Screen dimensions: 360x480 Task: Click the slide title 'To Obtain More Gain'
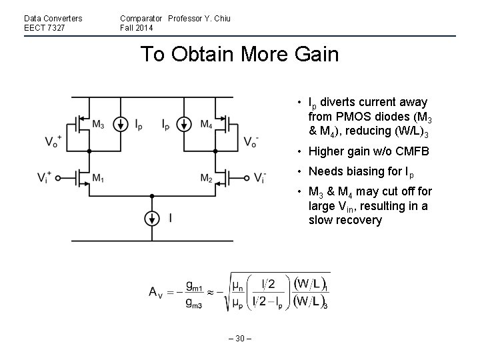[239, 54]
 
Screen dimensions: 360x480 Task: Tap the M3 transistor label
[97, 124]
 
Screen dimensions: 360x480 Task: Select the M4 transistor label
[205, 124]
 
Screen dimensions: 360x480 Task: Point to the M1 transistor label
[97, 177]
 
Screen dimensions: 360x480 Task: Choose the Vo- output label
[252, 142]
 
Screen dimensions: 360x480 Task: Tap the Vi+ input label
[45, 177]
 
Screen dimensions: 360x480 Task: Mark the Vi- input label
[261, 177]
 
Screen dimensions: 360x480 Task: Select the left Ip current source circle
[120, 124]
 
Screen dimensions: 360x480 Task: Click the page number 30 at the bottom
[239, 338]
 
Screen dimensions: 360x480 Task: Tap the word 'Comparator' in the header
[141, 18]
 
